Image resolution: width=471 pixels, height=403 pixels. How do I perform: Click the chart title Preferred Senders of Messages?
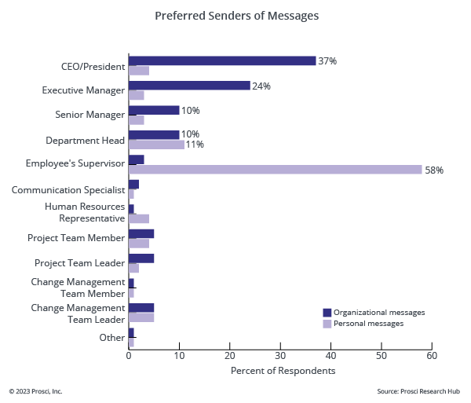(236, 16)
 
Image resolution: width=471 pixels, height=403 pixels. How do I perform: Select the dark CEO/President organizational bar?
(222, 60)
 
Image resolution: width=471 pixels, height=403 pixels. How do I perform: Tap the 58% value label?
(434, 170)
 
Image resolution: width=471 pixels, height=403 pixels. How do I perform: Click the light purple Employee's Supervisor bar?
(275, 170)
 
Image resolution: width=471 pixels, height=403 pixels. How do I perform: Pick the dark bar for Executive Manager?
(189, 86)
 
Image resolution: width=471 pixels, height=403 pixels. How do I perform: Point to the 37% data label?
(327, 60)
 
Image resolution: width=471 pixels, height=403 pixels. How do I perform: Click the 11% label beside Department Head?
(195, 145)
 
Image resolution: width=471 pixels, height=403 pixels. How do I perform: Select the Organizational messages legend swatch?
(327, 312)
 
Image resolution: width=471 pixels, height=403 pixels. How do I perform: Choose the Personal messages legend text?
(369, 323)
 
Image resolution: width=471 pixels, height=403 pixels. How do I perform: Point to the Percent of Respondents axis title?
(283, 370)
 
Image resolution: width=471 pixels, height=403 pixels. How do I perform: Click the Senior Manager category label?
(89, 115)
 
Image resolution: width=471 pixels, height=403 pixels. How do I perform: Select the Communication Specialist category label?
(68, 189)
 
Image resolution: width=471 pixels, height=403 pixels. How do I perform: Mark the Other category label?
(111, 338)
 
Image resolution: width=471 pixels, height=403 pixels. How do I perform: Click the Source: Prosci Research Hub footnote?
(418, 390)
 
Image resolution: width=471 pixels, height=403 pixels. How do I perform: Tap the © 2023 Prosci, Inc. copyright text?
(35, 390)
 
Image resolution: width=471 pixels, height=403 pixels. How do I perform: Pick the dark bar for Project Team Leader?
(141, 258)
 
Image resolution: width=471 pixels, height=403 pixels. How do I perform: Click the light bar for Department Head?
(156, 145)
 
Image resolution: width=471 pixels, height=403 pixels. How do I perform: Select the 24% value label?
(261, 86)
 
